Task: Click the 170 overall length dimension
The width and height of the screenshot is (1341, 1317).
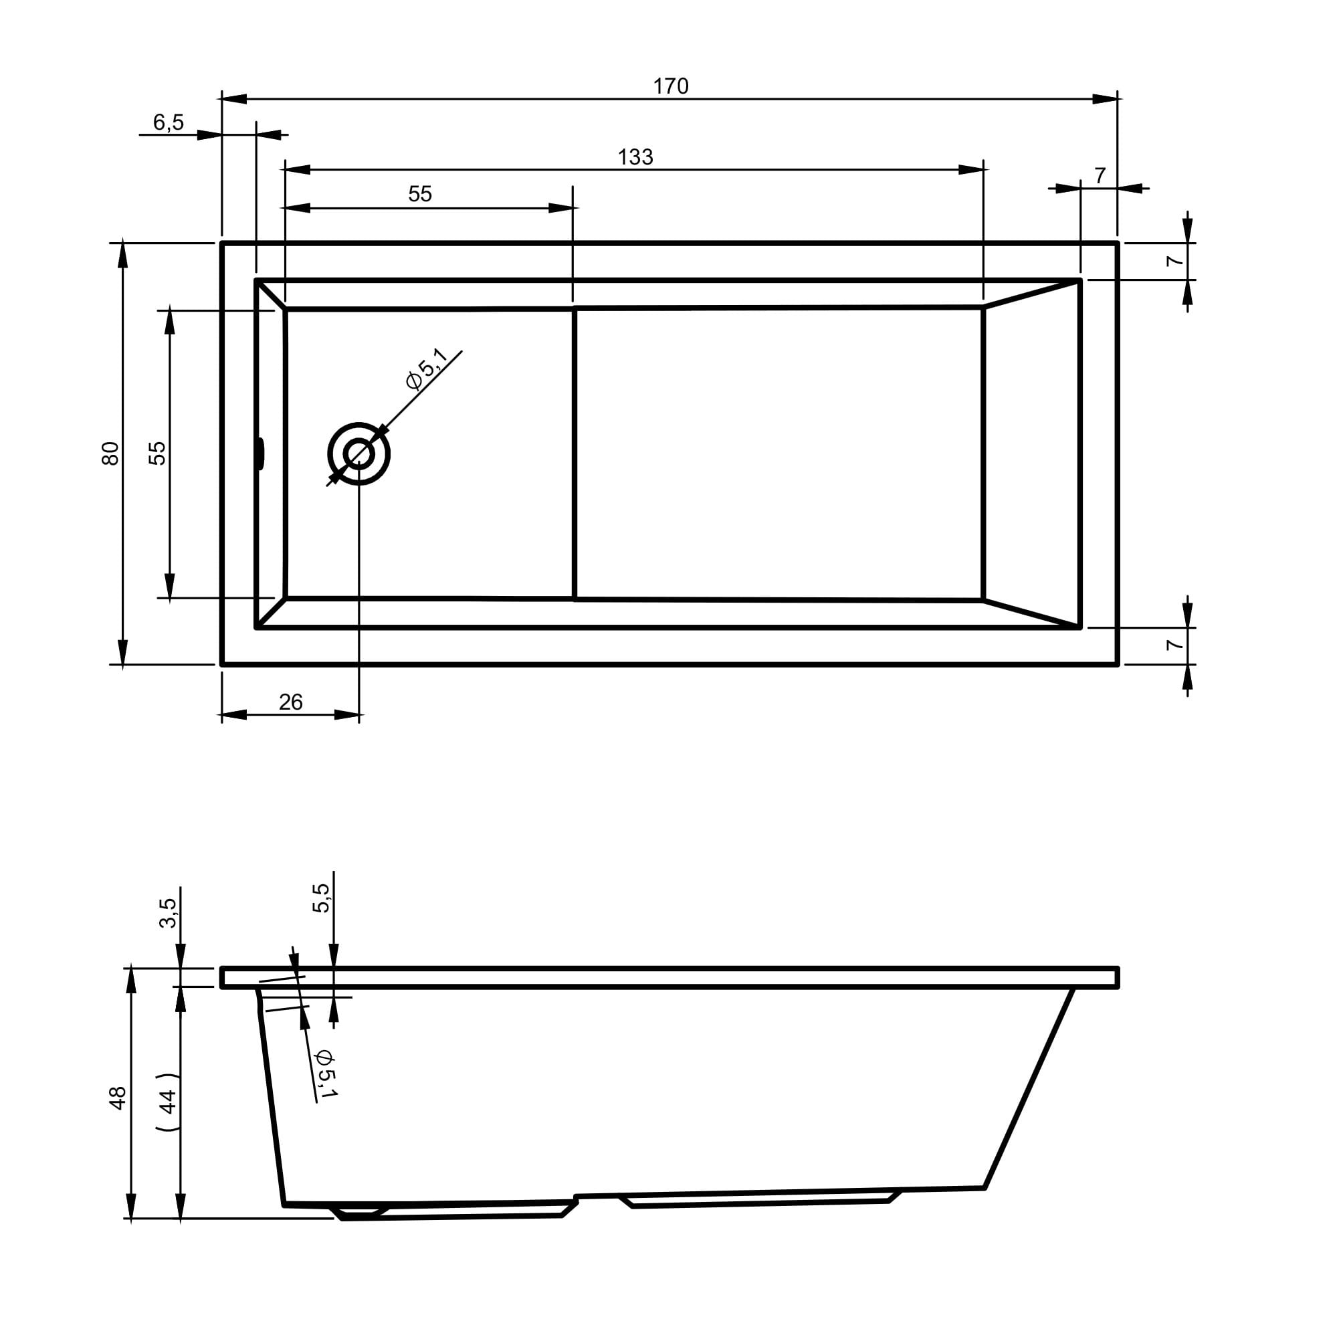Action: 670,86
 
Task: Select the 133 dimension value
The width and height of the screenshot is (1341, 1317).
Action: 635,158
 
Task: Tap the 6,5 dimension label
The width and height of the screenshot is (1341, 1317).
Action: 168,122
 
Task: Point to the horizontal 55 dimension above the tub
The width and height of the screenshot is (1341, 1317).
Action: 420,195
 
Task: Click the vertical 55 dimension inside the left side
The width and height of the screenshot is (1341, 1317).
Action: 159,453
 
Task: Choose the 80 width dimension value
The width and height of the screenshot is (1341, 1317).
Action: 110,453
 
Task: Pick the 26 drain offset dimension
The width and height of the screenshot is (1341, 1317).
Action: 290,702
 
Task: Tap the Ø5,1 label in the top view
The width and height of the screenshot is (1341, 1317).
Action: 427,369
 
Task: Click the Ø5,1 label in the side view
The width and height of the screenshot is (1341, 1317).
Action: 325,1074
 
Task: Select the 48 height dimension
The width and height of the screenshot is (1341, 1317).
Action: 118,1098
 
